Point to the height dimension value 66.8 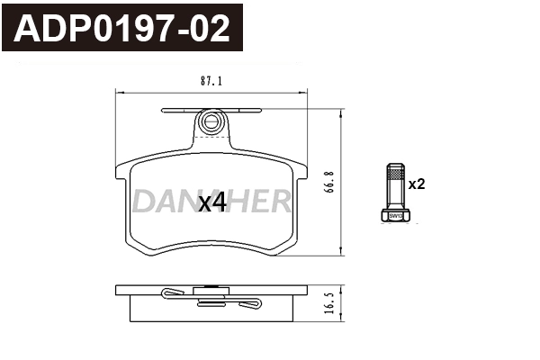point(330,183)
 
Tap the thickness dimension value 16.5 point(330,303)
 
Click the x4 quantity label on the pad point(211,203)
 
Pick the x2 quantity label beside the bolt point(416,184)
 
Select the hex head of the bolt point(394,215)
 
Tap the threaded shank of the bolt point(394,186)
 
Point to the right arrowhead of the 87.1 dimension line point(305,91)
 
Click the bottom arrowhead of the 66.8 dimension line point(342,252)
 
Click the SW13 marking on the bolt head point(394,216)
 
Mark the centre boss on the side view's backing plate point(211,289)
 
